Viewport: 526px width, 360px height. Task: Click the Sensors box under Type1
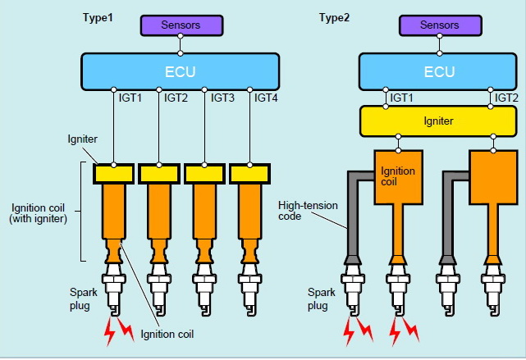(180, 25)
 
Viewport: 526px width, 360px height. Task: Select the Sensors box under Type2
(439, 25)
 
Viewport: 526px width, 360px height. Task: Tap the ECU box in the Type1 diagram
(180, 71)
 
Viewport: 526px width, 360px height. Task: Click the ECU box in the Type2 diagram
(439, 71)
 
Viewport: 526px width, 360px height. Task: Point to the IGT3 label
(224, 98)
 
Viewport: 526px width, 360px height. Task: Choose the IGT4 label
(268, 98)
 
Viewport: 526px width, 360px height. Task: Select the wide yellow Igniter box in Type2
(439, 121)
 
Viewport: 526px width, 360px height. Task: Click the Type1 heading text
(98, 16)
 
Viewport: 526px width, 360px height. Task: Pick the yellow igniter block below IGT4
(250, 174)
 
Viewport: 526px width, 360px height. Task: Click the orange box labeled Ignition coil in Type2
(398, 176)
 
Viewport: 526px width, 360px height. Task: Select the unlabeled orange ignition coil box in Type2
(493, 176)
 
